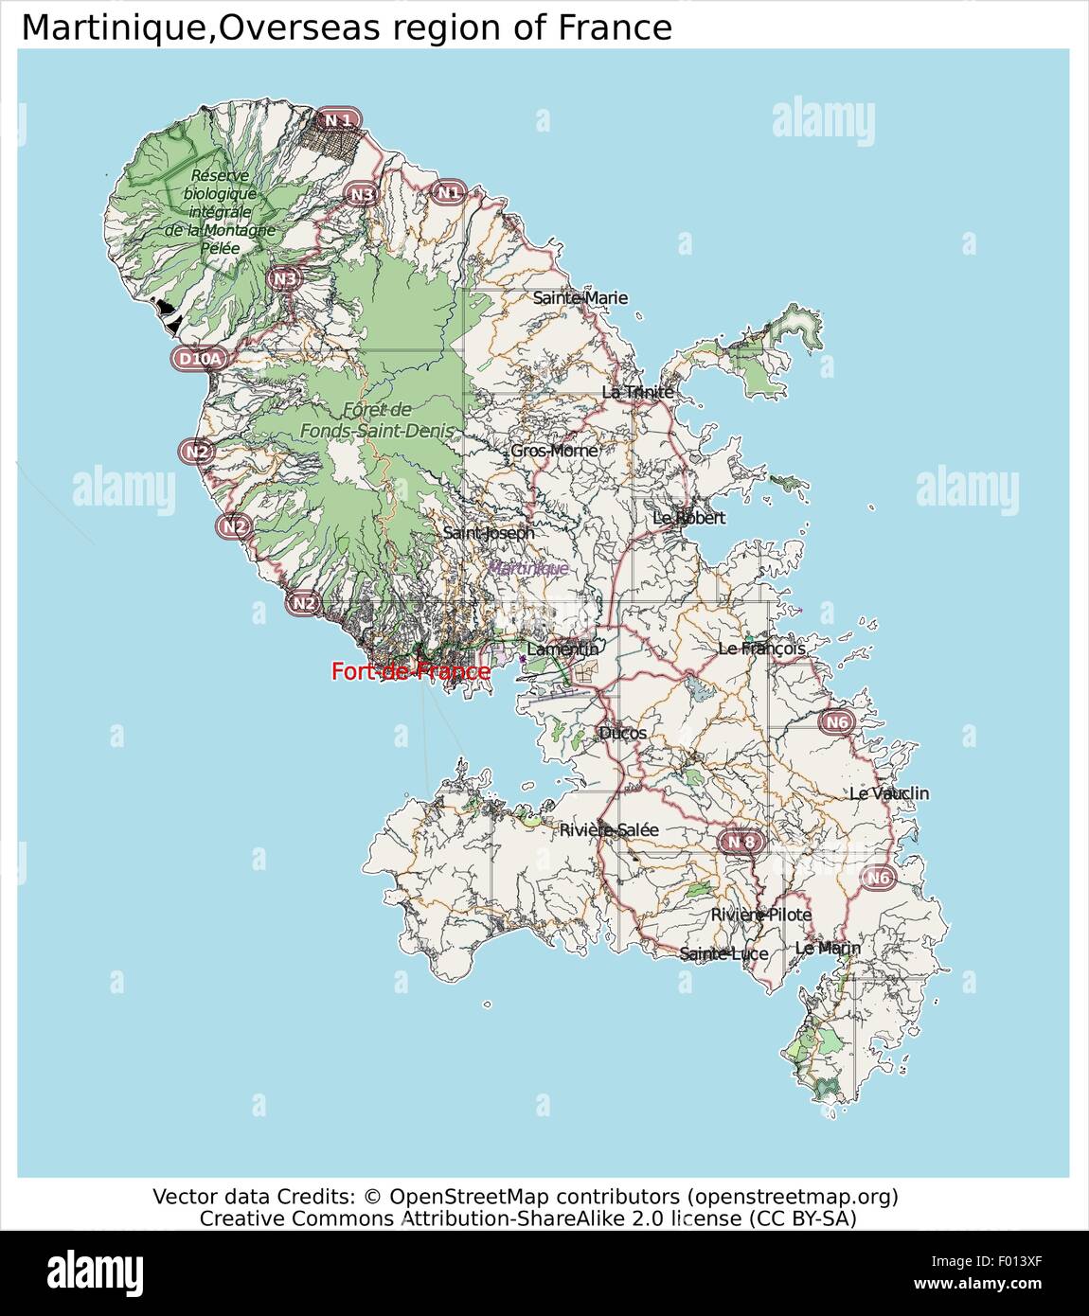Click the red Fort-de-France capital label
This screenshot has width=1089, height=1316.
point(411,672)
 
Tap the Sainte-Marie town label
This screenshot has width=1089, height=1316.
point(580,298)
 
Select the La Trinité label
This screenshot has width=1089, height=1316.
point(637,392)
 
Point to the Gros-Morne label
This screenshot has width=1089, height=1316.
point(554,451)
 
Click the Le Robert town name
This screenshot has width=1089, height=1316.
point(688,518)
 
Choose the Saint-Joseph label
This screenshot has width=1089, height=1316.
point(489,533)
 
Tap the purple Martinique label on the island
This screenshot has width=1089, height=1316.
point(527,568)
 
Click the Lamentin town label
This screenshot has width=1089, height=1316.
point(562,649)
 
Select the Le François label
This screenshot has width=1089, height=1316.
point(761,649)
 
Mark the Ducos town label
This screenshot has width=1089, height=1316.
point(622,733)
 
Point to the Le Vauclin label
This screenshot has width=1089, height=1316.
point(888,793)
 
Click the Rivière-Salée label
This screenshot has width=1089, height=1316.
point(609,830)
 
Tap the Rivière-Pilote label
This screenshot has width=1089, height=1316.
point(760,915)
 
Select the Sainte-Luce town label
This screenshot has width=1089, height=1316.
point(723,953)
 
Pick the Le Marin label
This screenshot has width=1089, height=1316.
point(828,948)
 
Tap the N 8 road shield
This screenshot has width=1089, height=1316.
point(741,842)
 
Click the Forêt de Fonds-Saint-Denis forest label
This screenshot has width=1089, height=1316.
point(377,420)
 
